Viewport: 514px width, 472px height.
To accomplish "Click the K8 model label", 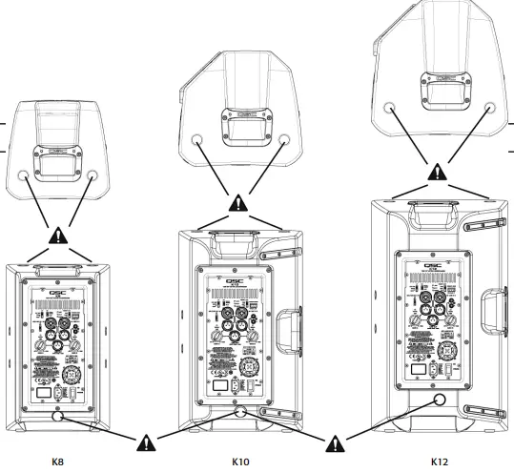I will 57,462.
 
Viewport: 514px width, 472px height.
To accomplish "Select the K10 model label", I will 240,462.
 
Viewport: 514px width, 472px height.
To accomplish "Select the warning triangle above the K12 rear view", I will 436,173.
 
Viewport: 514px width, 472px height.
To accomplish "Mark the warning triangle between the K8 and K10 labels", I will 146,442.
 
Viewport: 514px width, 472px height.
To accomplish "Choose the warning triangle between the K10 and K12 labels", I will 336,442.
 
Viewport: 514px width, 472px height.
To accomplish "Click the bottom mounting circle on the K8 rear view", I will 57,416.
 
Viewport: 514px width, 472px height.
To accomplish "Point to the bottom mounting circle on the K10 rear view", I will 238,413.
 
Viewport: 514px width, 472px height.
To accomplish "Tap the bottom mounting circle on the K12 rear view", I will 438,400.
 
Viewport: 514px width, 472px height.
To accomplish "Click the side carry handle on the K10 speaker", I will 289,331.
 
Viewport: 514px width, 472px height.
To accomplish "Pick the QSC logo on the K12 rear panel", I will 436,268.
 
